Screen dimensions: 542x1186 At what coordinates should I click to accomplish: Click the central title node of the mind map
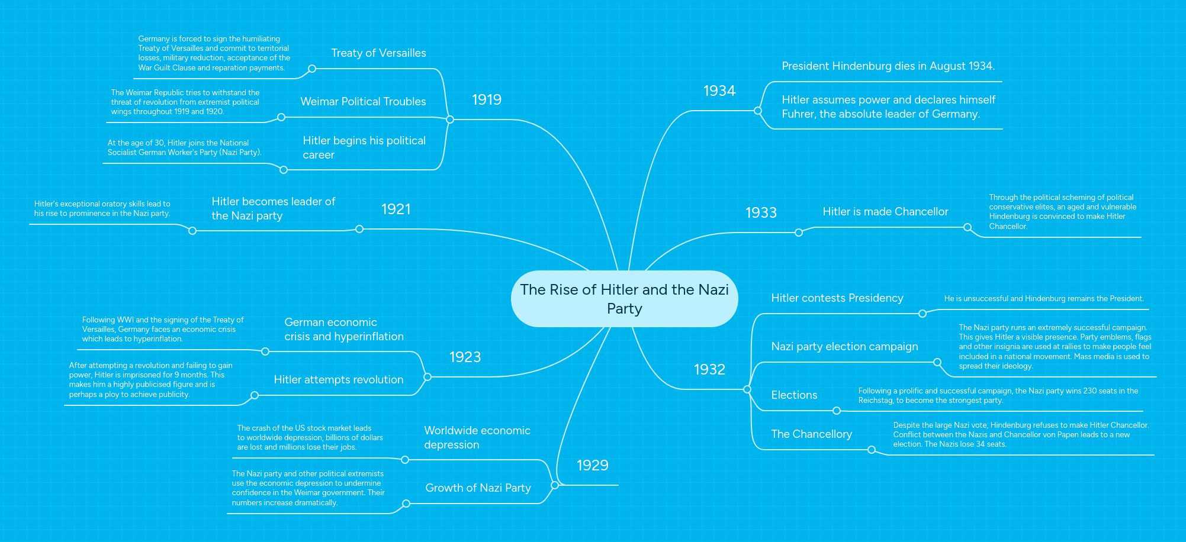[624, 299]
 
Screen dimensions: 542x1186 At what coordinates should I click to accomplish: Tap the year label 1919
[486, 99]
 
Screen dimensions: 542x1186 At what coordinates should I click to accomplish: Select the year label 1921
[396, 209]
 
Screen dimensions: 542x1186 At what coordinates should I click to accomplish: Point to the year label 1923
[465, 357]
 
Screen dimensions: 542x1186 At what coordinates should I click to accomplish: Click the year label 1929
[592, 465]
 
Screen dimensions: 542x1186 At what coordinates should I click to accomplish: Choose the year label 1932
[709, 369]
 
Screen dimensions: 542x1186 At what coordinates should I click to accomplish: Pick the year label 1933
[761, 212]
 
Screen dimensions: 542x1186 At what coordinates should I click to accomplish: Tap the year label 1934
[719, 91]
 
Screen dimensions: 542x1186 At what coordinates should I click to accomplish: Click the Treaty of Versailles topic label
[378, 53]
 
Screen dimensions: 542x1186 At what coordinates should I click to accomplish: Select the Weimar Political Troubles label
[363, 102]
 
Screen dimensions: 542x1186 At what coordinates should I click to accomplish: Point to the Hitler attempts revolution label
[339, 380]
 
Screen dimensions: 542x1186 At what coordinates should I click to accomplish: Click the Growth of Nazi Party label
[478, 488]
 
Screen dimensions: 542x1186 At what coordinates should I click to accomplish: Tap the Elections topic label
[794, 395]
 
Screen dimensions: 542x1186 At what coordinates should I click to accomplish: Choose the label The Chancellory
[811, 434]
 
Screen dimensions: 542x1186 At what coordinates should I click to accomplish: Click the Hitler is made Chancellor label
[885, 212]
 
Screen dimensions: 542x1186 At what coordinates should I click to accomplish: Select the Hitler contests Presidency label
[837, 298]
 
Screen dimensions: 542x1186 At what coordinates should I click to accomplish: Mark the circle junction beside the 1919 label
[450, 120]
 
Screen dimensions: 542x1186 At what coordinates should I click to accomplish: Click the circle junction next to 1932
[747, 389]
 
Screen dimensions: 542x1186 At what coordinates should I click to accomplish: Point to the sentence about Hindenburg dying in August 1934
[888, 66]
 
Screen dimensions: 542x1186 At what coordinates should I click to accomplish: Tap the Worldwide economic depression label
[477, 438]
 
